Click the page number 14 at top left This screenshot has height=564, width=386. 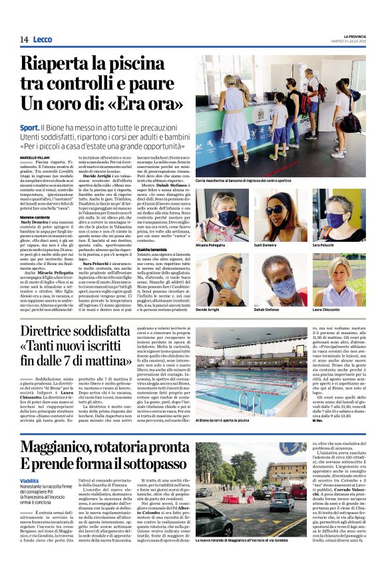click(x=24, y=39)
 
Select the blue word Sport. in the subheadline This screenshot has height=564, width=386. click(x=29, y=127)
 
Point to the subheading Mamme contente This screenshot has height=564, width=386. click(x=35, y=217)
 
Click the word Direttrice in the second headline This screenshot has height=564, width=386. click(x=57, y=331)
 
